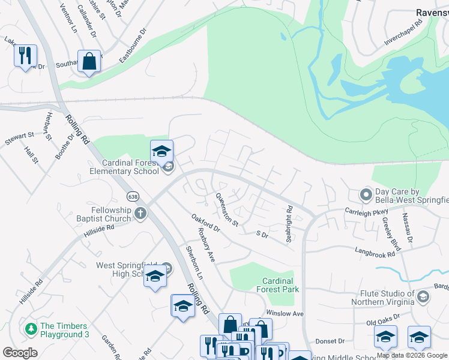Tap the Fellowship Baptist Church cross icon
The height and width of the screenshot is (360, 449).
pyautogui.click(x=140, y=213)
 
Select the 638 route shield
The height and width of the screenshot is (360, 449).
pyautogui.click(x=133, y=196)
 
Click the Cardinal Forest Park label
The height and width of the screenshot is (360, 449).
pyautogui.click(x=277, y=285)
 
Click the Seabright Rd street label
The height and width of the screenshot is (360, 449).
pyautogui.click(x=289, y=224)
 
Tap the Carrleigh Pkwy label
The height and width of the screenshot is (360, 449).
pyautogui.click(x=366, y=211)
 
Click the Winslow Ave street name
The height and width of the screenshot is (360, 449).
pyautogui.click(x=285, y=313)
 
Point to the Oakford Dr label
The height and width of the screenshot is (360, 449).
pyautogui.click(x=206, y=225)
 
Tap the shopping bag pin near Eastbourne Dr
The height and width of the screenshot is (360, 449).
pyautogui.click(x=89, y=61)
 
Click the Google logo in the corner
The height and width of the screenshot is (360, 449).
pyautogui.click(x=20, y=353)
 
